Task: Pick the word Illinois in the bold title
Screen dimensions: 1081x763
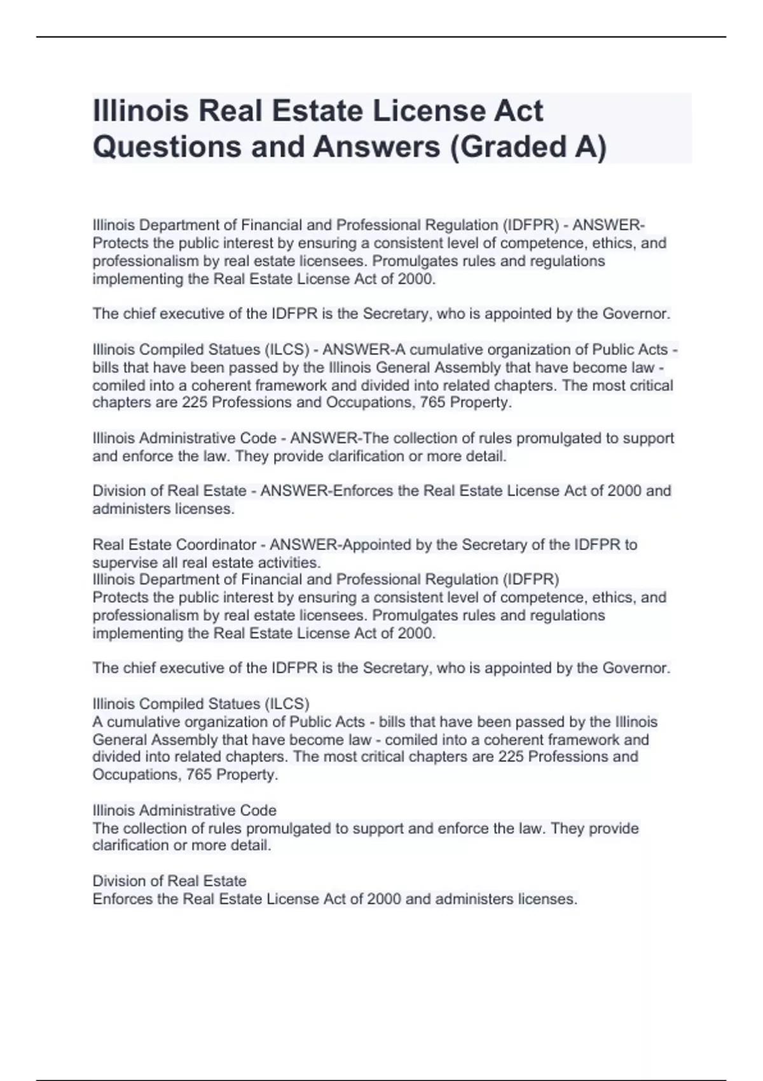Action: [141, 111]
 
